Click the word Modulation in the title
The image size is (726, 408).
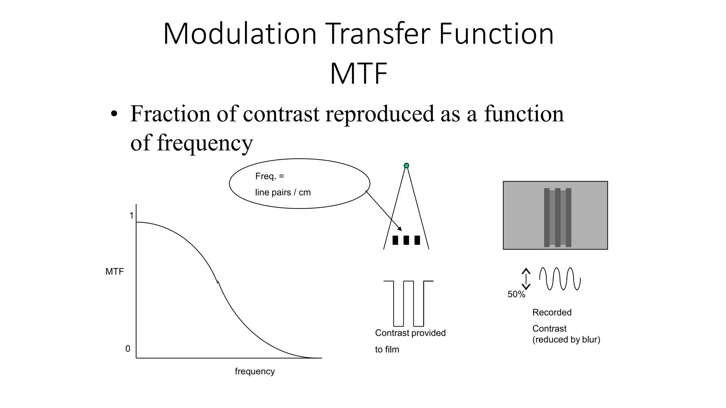(x=240, y=34)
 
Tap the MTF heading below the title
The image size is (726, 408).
(x=358, y=74)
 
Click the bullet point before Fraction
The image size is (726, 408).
(x=113, y=114)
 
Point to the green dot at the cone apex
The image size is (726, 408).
(x=407, y=165)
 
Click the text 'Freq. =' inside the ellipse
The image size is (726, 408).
(x=269, y=176)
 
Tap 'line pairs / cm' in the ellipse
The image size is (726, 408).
(x=283, y=192)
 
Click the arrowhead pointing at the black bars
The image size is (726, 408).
(x=400, y=229)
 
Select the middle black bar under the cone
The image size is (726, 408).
(x=406, y=240)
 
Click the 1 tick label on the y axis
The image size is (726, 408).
(x=132, y=215)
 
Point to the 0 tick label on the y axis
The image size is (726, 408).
(x=128, y=349)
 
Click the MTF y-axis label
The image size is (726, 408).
(x=115, y=272)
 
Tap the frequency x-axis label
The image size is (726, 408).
(x=255, y=371)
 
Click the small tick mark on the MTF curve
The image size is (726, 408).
(x=218, y=282)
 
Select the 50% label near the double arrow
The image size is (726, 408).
(x=516, y=294)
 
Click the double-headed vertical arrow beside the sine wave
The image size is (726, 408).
(x=526, y=279)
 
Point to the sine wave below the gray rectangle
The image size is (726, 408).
(x=560, y=279)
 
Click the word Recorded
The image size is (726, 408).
(x=552, y=312)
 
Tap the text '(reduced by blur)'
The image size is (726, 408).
(x=566, y=340)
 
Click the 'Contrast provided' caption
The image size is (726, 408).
(x=410, y=333)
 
